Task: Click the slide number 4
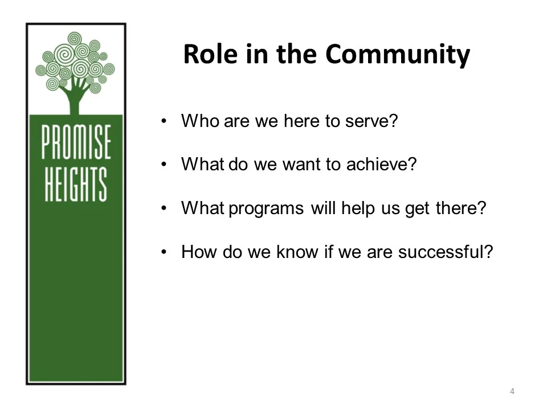pos(512,391)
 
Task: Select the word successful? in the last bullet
pos(445,252)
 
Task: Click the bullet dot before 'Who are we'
pos(164,121)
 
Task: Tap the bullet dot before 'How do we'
pos(164,252)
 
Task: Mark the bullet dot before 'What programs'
pos(164,208)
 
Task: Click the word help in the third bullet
pos(357,208)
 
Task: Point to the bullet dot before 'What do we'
pos(164,165)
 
